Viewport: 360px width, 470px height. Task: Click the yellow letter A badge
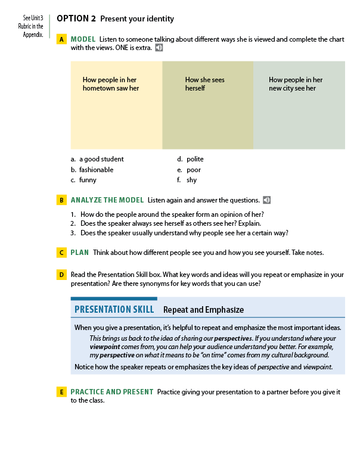pos(61,39)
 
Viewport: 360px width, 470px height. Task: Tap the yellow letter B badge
pos(61,200)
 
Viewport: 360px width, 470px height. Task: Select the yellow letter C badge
pos(61,253)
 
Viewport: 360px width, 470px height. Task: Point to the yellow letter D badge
pos(61,275)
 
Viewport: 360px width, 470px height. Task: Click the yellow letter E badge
pos(61,392)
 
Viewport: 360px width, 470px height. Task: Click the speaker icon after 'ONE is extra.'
pos(159,48)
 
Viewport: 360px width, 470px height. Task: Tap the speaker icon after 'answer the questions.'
pos(266,200)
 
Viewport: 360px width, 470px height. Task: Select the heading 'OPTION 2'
pos(76,18)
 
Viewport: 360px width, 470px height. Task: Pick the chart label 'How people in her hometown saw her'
pos(111,84)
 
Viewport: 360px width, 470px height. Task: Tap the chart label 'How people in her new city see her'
pos(296,84)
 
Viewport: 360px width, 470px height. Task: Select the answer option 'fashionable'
pos(96,170)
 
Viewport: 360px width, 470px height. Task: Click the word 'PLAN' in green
pos(79,253)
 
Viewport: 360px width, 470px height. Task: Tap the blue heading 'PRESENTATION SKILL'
pos(114,310)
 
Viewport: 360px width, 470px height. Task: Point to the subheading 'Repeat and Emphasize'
pos(203,310)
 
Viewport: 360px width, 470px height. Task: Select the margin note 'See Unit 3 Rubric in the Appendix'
pos(33,26)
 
